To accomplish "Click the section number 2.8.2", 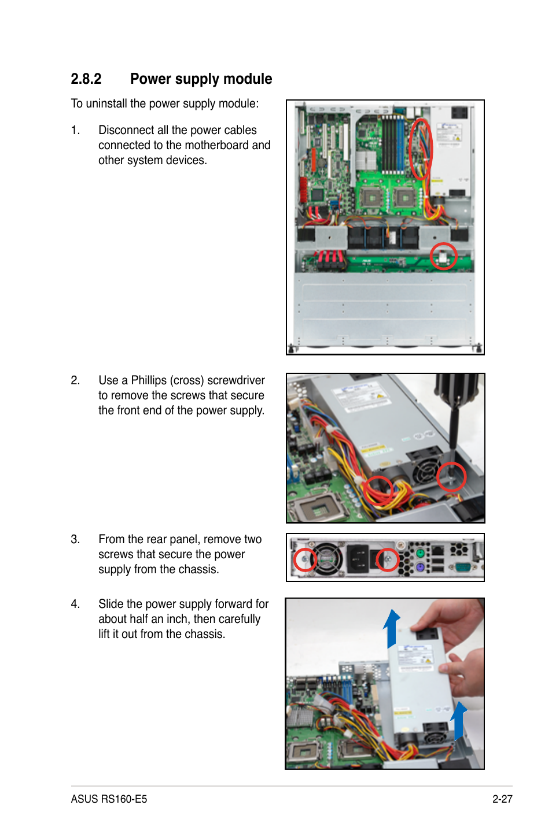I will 86,79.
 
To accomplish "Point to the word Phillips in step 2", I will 149,381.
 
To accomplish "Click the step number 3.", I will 75,540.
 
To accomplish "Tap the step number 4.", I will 75,604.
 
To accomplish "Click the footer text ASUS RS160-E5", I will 109,799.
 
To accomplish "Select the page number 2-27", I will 502,799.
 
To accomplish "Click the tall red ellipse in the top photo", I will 421,149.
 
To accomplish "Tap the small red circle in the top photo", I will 444,256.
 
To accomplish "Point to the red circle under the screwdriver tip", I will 451,477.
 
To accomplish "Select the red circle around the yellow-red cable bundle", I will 378,491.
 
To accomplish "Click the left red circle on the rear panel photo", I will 304,559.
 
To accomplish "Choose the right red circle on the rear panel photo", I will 388,559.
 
